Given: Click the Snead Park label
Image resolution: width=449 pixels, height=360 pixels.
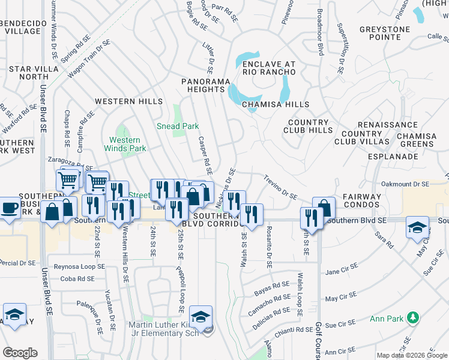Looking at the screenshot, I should click(178, 127).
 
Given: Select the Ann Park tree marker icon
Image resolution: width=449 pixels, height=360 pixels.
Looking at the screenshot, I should click(412, 317).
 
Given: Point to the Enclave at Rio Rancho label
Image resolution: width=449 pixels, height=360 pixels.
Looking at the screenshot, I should click(269, 68).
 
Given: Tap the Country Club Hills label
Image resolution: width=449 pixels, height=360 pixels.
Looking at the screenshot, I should click(312, 127).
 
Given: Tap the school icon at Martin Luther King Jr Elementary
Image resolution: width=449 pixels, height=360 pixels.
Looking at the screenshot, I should click(200, 316).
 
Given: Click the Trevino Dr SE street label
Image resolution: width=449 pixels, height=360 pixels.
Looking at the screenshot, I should click(281, 187).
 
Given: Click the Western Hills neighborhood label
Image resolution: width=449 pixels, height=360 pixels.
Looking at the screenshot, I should click(128, 101).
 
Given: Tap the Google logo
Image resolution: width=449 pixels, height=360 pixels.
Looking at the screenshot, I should click(20, 353).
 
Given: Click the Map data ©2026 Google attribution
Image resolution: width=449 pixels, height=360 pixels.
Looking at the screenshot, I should click(412, 355).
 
